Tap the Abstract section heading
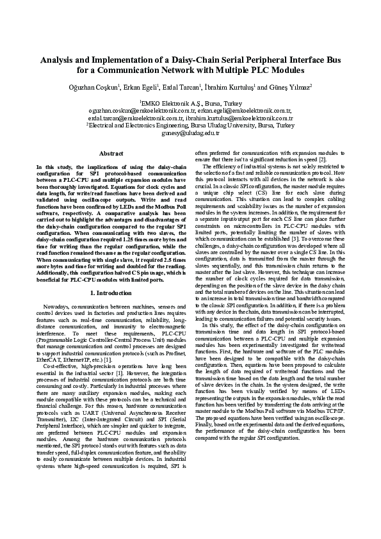(111, 154)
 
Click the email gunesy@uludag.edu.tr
(190, 133)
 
